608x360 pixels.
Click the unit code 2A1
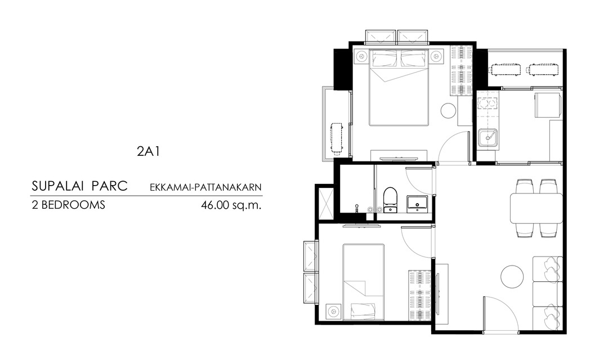[x=148, y=151]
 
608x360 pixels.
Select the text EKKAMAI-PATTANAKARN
[x=205, y=187]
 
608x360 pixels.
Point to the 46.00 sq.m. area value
[x=231, y=205]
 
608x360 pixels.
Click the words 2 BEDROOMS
[x=68, y=205]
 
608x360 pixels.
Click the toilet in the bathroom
[x=390, y=200]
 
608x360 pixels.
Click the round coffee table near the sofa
[x=512, y=277]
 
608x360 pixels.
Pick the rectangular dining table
[x=536, y=208]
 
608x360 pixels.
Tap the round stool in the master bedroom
[x=449, y=111]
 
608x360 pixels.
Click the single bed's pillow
[x=363, y=311]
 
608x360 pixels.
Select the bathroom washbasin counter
[x=417, y=204]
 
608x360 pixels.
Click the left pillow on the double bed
[x=385, y=59]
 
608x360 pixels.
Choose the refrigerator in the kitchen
[x=548, y=105]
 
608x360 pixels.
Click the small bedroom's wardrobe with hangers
[x=420, y=295]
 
